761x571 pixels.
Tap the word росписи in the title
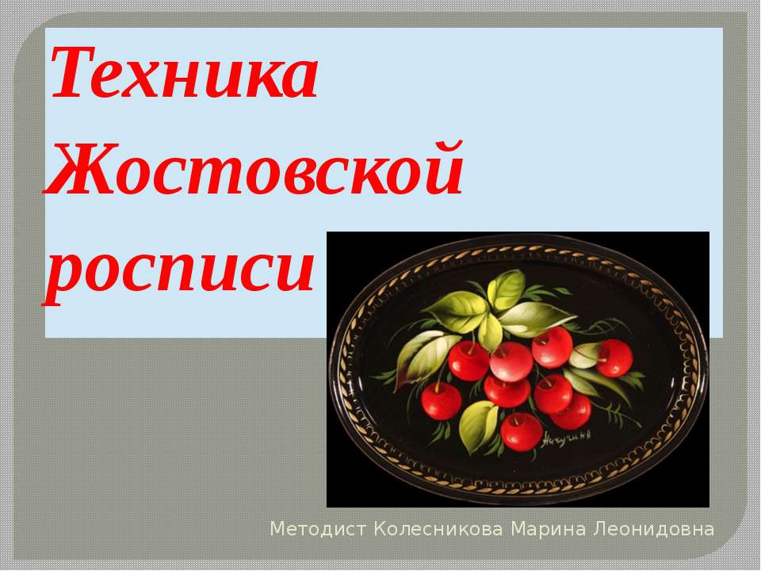tap(179, 263)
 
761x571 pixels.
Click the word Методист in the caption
tap(319, 528)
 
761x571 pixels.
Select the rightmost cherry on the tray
tap(614, 358)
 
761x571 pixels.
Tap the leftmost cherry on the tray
tap(442, 400)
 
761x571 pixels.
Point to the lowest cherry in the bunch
tap(522, 431)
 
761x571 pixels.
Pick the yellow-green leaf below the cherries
tap(478, 426)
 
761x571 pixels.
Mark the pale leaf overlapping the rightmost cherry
tap(585, 356)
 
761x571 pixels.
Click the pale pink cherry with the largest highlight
tap(511, 362)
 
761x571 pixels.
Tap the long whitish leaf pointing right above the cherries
tap(536, 316)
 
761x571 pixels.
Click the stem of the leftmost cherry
tap(435, 378)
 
